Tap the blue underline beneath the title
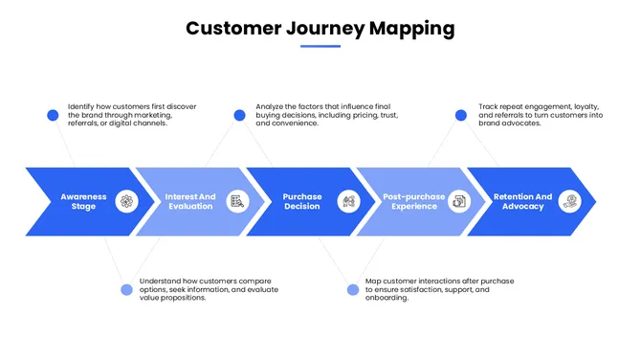pos(320,46)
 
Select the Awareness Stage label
pos(84,201)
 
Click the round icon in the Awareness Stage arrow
pos(127,201)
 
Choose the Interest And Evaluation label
pos(190,201)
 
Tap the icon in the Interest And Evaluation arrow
pos(238,201)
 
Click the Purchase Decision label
pos(302,201)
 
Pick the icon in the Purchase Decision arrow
pos(349,201)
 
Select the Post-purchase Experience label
pos(413,201)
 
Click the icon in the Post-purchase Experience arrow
pos(460,201)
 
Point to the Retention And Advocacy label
pos(522,201)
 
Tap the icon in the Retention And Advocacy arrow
pos(570,201)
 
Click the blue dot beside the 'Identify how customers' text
pos(53,115)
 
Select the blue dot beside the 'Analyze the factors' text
pos(239,115)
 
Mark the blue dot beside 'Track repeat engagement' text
pos(461,115)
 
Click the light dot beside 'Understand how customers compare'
pos(126,289)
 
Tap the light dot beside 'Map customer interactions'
pos(352,289)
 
